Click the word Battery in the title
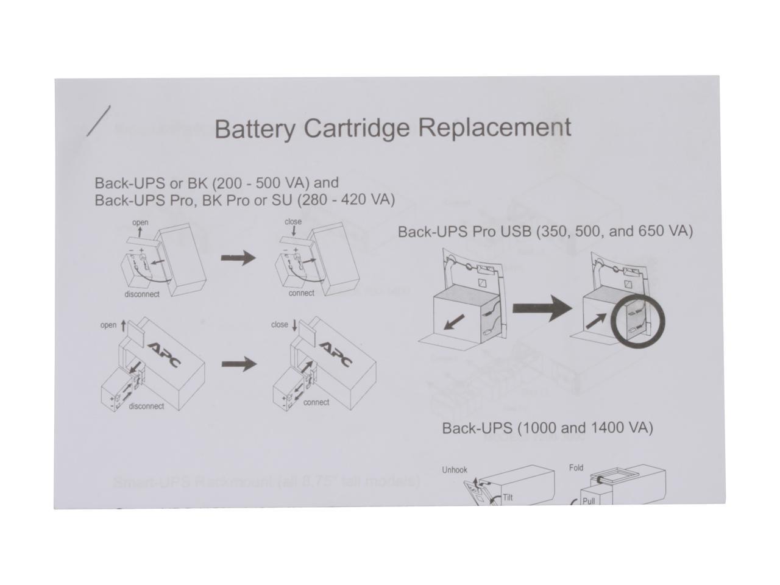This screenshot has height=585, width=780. tap(255, 129)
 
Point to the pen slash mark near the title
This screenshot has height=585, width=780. tap(99, 121)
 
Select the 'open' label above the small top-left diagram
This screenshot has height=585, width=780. tap(140, 222)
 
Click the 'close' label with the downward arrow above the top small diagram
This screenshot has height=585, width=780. tap(293, 222)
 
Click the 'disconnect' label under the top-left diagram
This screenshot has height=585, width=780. tap(142, 294)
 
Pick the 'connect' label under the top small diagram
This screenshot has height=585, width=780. tap(302, 293)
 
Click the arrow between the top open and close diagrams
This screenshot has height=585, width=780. tap(238, 258)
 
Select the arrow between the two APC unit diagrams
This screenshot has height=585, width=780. tap(238, 364)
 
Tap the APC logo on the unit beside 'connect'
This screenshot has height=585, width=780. tap(336, 354)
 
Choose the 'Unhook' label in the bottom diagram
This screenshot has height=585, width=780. tap(455, 470)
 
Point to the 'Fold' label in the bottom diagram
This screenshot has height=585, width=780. tap(576, 468)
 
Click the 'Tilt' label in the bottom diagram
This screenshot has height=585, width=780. tap(508, 497)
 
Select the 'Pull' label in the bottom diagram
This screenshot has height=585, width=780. tap(588, 501)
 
